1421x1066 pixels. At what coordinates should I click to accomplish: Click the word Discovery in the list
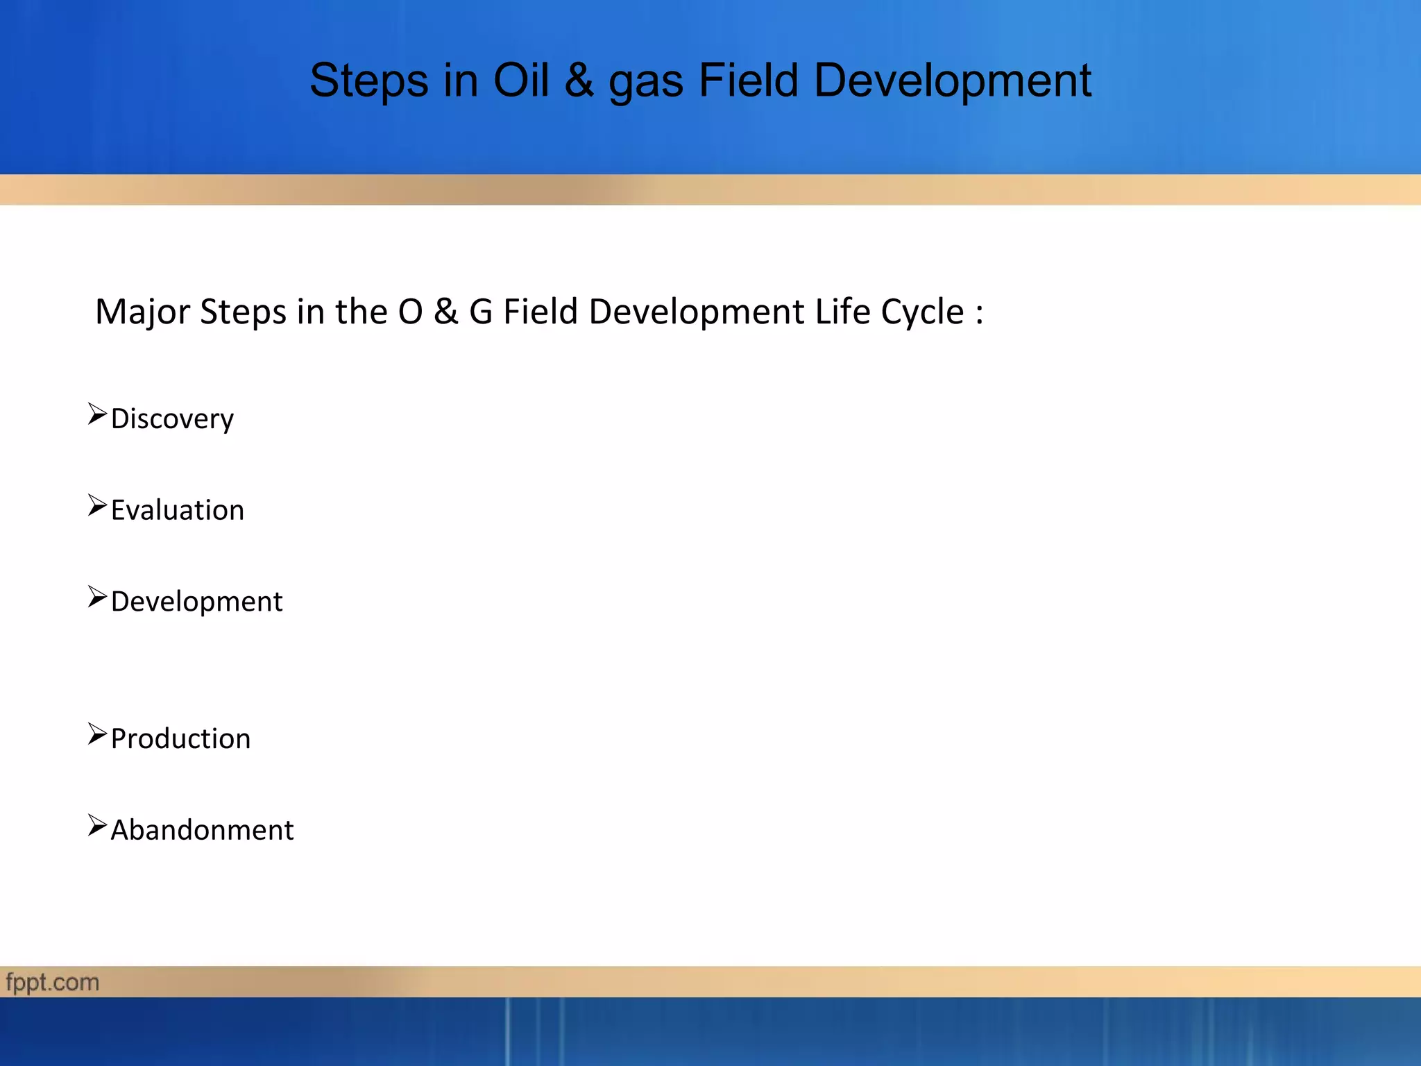[x=172, y=419]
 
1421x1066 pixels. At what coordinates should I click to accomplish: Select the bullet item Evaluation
[x=178, y=510]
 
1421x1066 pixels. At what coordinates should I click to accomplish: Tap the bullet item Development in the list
[x=196, y=602]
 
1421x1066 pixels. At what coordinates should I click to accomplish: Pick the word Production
[x=180, y=738]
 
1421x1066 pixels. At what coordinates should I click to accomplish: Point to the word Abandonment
[x=202, y=830]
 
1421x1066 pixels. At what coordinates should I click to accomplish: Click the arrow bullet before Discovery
[x=97, y=414]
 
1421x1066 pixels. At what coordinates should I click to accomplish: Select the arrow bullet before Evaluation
[x=97, y=506]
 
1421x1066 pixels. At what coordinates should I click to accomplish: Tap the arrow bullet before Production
[x=97, y=734]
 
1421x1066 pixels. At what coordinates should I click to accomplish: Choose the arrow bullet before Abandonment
[x=97, y=826]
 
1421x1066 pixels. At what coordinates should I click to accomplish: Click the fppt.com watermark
[x=53, y=983]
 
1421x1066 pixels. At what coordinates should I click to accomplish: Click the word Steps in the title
[x=368, y=81]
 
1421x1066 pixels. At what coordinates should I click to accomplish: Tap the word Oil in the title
[x=521, y=80]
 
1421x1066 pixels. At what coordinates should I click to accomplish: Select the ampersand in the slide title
[x=579, y=80]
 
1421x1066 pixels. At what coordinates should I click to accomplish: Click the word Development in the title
[x=953, y=81]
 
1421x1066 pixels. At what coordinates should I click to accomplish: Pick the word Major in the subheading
[x=142, y=312]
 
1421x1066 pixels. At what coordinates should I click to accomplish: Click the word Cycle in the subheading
[x=922, y=312]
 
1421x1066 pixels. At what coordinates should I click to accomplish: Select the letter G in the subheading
[x=481, y=312]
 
